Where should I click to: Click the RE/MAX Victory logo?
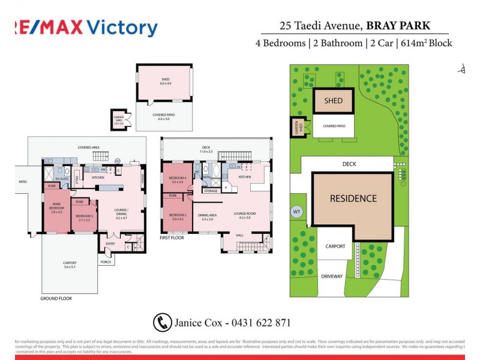[84, 28]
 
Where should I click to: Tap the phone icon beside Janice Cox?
[162, 322]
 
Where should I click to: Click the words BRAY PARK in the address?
[408, 26]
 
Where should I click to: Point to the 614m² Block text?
[427, 43]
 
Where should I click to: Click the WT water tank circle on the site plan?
[296, 212]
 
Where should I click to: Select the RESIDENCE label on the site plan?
[353, 199]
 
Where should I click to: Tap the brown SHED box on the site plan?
[334, 101]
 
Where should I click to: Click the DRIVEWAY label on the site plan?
[331, 277]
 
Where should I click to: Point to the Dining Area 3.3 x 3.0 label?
[207, 218]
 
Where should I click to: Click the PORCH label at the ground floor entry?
[106, 262]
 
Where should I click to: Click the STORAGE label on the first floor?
[211, 191]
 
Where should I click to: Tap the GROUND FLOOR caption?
[56, 298]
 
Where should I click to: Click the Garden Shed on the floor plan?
[119, 119]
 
